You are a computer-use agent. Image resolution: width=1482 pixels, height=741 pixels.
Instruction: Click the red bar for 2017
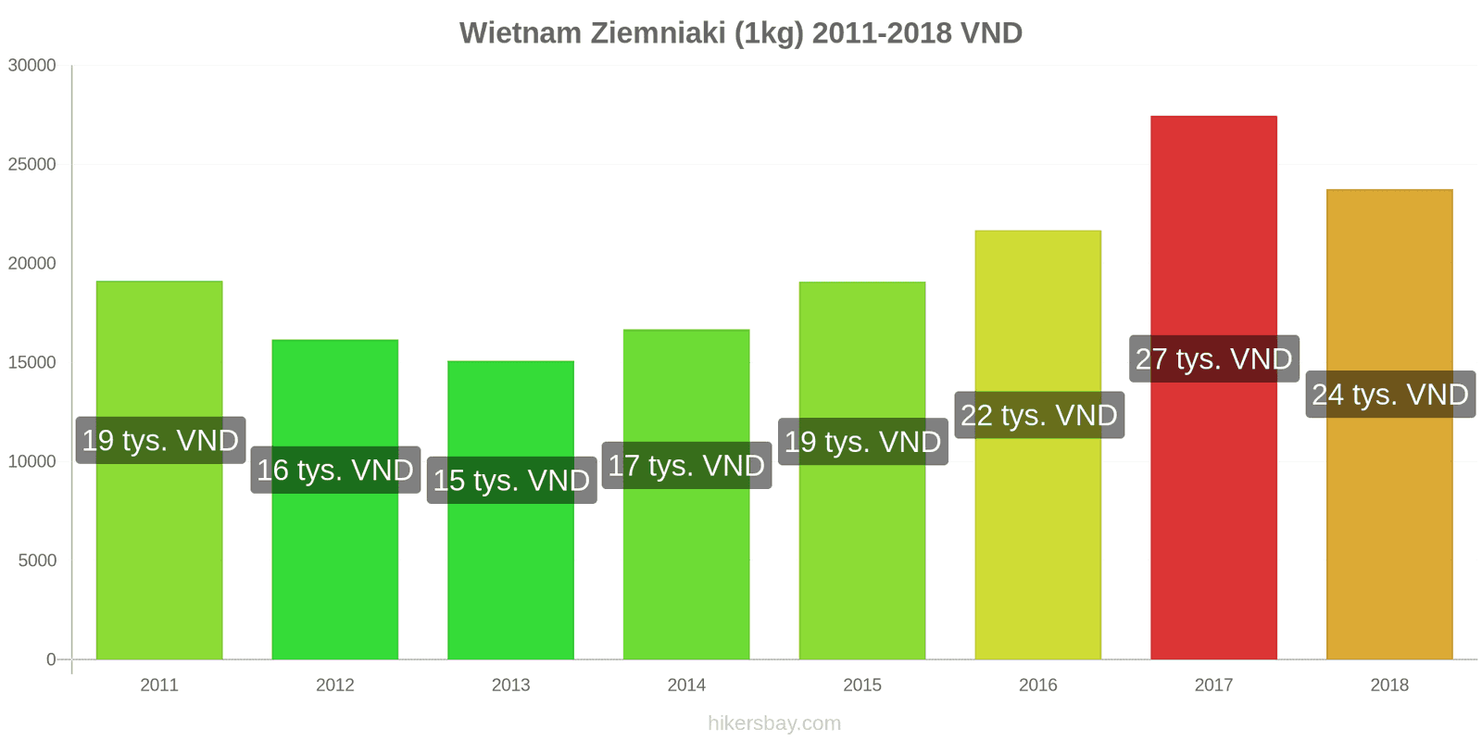pyautogui.click(x=1213, y=388)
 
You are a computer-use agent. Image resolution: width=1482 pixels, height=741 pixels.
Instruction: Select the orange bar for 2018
pyautogui.click(x=1389, y=424)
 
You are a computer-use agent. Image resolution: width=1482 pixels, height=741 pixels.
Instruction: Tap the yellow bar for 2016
pyautogui.click(x=1038, y=445)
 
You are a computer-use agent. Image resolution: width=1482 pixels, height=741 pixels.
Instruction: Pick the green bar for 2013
pyautogui.click(x=510, y=510)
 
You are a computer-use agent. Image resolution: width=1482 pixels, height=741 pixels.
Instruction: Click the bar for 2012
pyautogui.click(x=335, y=499)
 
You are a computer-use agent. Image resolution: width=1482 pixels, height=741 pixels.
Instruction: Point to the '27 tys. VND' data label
pyautogui.click(x=1214, y=358)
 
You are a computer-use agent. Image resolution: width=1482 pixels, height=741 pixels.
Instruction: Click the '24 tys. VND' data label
pyautogui.click(x=1390, y=395)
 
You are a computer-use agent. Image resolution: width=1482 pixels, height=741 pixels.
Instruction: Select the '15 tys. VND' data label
pyautogui.click(x=511, y=481)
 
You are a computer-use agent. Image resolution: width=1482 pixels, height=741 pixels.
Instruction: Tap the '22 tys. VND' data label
pyautogui.click(x=1038, y=416)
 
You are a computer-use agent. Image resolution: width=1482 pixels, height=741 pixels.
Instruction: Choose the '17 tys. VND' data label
pyautogui.click(x=686, y=466)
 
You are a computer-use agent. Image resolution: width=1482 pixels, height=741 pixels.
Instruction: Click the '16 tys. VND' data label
pyautogui.click(x=335, y=470)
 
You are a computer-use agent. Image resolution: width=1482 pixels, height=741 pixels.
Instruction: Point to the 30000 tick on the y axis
pyautogui.click(x=31, y=65)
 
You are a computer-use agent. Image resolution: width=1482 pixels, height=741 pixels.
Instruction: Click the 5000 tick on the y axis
pyautogui.click(x=37, y=560)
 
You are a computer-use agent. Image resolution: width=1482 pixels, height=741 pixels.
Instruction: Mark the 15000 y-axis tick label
pyautogui.click(x=31, y=362)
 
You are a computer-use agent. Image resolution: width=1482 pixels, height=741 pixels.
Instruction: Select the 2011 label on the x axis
pyautogui.click(x=159, y=684)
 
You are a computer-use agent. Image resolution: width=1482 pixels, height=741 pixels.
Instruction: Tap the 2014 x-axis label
pyautogui.click(x=686, y=684)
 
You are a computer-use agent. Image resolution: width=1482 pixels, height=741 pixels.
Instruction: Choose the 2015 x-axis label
pyautogui.click(x=862, y=684)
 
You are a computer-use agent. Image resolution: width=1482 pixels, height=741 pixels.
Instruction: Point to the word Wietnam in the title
pyautogui.click(x=521, y=33)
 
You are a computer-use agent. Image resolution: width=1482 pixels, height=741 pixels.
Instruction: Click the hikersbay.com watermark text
pyautogui.click(x=774, y=723)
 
